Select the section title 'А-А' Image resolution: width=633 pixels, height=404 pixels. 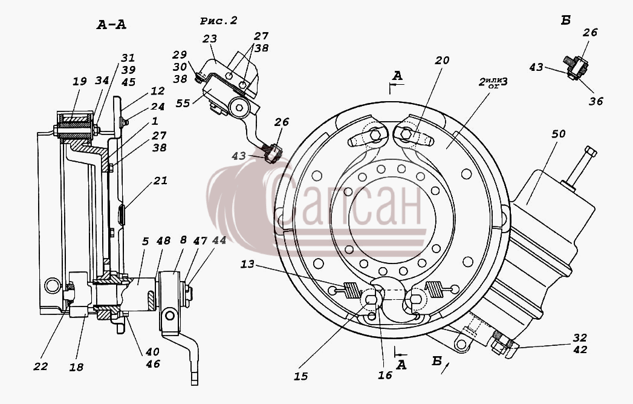point(111,25)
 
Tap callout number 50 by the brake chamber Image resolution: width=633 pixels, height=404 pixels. point(558,133)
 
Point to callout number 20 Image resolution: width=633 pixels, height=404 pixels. point(442,60)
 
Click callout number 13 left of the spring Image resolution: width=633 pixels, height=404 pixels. point(247,264)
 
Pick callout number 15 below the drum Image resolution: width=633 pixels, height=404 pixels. point(300,377)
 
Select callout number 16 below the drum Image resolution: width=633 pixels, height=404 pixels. point(385,376)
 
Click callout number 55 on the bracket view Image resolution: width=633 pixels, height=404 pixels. point(183,103)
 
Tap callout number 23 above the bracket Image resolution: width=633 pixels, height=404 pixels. point(210,38)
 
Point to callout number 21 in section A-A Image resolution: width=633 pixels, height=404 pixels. point(160,180)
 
